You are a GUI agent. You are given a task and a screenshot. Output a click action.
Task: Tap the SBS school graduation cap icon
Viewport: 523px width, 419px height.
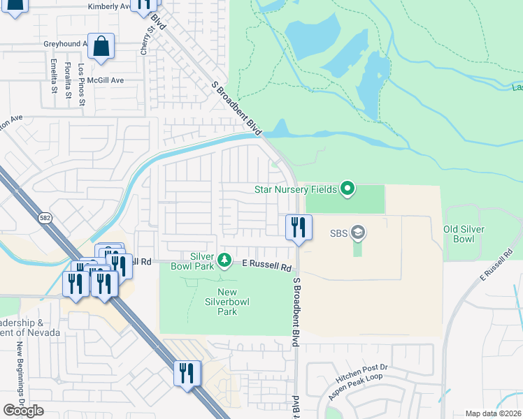coord(358,232)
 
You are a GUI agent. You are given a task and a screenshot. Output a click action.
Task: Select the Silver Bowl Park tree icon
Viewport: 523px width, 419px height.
coord(224,260)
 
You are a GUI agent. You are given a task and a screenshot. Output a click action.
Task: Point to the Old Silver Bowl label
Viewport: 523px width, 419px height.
coord(464,234)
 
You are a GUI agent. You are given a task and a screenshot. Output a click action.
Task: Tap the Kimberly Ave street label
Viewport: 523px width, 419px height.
coord(109,6)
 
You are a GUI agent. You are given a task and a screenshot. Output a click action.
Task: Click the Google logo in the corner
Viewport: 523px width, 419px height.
coord(23,411)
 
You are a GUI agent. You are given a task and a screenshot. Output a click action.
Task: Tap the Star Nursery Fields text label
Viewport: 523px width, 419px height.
coord(295,189)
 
